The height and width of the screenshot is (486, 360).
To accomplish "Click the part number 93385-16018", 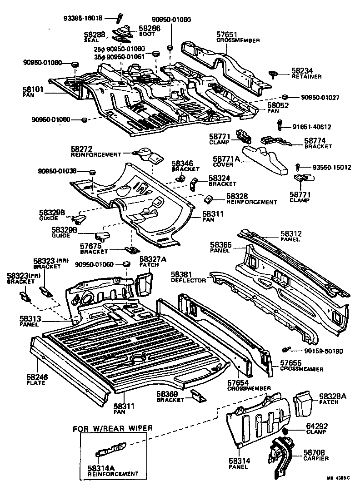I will (x=83, y=18).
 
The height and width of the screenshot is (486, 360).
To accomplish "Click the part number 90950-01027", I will (x=322, y=97).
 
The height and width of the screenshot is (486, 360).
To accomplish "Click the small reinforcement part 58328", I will (x=209, y=198).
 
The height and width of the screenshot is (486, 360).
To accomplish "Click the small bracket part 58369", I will (x=196, y=396).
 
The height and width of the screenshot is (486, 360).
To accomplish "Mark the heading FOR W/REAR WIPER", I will (x=112, y=428).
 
